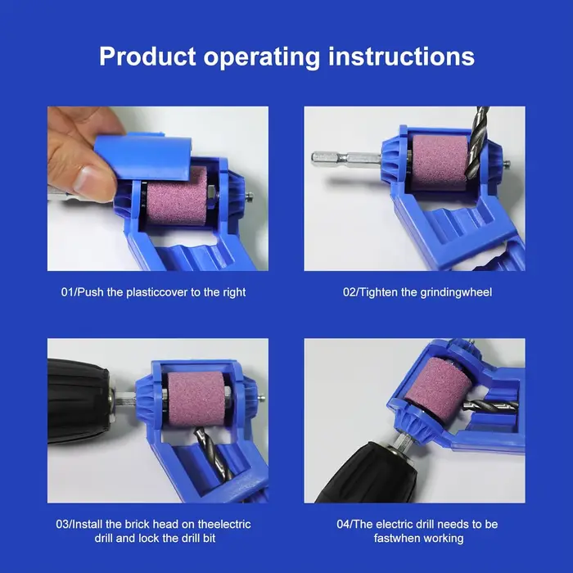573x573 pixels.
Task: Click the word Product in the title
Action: click(x=147, y=56)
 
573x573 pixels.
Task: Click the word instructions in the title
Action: click(x=401, y=56)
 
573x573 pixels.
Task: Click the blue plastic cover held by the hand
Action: click(x=143, y=157)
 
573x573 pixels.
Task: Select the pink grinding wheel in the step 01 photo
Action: click(x=176, y=196)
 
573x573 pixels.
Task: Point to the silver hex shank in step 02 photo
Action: click(x=345, y=158)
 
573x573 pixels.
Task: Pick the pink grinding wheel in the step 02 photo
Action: click(x=440, y=162)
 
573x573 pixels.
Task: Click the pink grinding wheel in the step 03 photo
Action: click(x=196, y=399)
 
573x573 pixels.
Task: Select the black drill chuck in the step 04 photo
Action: click(x=368, y=473)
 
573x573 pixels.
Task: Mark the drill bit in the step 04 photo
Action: click(x=490, y=406)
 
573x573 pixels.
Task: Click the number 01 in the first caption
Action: click(x=68, y=292)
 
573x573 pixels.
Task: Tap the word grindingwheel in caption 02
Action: click(x=456, y=293)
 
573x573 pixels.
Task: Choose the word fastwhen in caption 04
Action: click(x=395, y=538)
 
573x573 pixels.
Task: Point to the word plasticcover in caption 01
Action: click(x=157, y=292)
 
